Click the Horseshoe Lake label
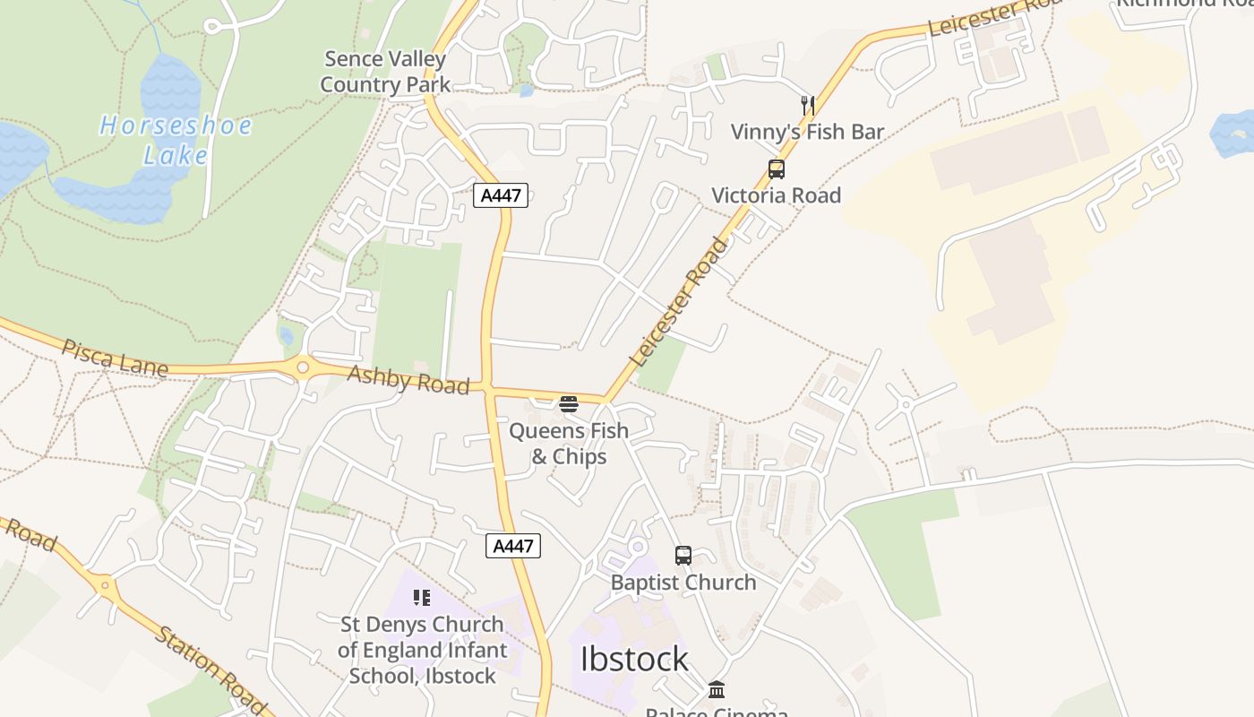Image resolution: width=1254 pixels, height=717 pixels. (175, 140)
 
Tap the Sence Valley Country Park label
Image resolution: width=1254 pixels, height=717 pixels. (385, 72)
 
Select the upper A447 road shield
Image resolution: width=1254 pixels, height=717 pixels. (501, 195)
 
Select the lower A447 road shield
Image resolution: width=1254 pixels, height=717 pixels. (513, 545)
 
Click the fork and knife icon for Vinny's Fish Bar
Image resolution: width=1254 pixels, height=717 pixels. (808, 105)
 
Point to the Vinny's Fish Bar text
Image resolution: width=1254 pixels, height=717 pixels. (807, 132)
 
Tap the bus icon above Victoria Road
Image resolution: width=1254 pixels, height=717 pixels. (777, 168)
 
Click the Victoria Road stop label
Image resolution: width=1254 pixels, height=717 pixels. (777, 195)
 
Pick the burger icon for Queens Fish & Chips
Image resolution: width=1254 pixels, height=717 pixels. (568, 404)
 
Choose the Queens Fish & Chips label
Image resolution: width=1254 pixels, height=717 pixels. (569, 444)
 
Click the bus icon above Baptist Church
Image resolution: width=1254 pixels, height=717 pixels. (683, 556)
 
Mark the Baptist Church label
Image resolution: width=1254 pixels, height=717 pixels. (683, 583)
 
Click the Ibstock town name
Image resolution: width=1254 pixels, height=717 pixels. (634, 660)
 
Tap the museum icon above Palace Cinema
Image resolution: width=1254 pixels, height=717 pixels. (717, 689)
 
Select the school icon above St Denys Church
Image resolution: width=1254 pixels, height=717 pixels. (422, 598)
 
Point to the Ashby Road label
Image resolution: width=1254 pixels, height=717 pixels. (408, 380)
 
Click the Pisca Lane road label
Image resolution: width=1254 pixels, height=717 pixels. (115, 358)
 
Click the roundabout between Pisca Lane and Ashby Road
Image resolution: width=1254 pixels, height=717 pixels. (303, 367)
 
